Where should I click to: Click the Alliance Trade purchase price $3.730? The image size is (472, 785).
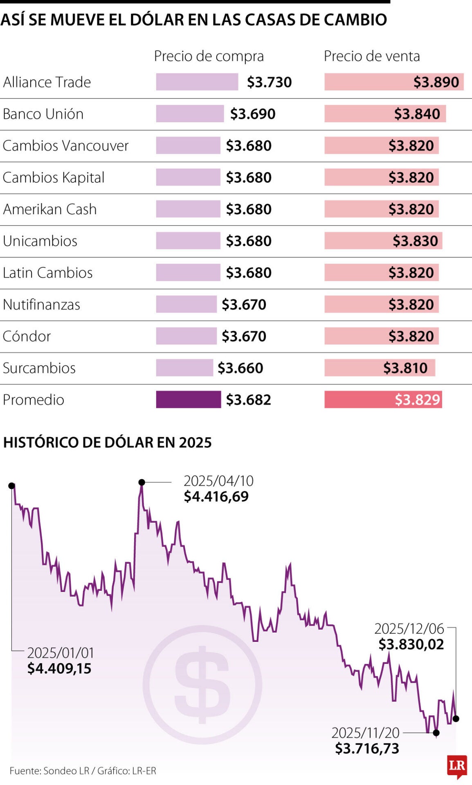pos(269,82)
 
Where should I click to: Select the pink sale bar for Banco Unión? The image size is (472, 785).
pos(385,114)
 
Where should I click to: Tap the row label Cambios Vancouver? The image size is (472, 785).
pos(65,146)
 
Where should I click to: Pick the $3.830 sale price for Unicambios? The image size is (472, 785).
pos(415,241)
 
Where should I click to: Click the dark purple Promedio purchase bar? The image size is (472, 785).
pos(188,399)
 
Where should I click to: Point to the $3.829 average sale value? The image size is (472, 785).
pos(417,399)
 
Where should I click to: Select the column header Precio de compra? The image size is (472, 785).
pos(209,56)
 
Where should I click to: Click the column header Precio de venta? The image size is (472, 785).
pos(371,56)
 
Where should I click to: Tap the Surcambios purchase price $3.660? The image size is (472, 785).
pos(240,368)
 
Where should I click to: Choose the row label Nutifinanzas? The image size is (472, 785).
pos(41,305)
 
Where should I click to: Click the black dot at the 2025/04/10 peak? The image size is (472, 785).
pos(142,482)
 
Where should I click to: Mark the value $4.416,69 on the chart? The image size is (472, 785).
pos(216,496)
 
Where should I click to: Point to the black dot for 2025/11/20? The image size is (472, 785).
pos(436,733)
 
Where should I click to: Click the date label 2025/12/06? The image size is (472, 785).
pos(409,628)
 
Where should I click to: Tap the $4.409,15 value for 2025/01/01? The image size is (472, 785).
pos(59,668)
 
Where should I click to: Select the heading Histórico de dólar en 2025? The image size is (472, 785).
pos(107,442)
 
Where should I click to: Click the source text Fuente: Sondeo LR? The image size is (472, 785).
pos(49,771)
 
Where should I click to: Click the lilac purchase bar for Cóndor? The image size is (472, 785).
pos(186,336)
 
